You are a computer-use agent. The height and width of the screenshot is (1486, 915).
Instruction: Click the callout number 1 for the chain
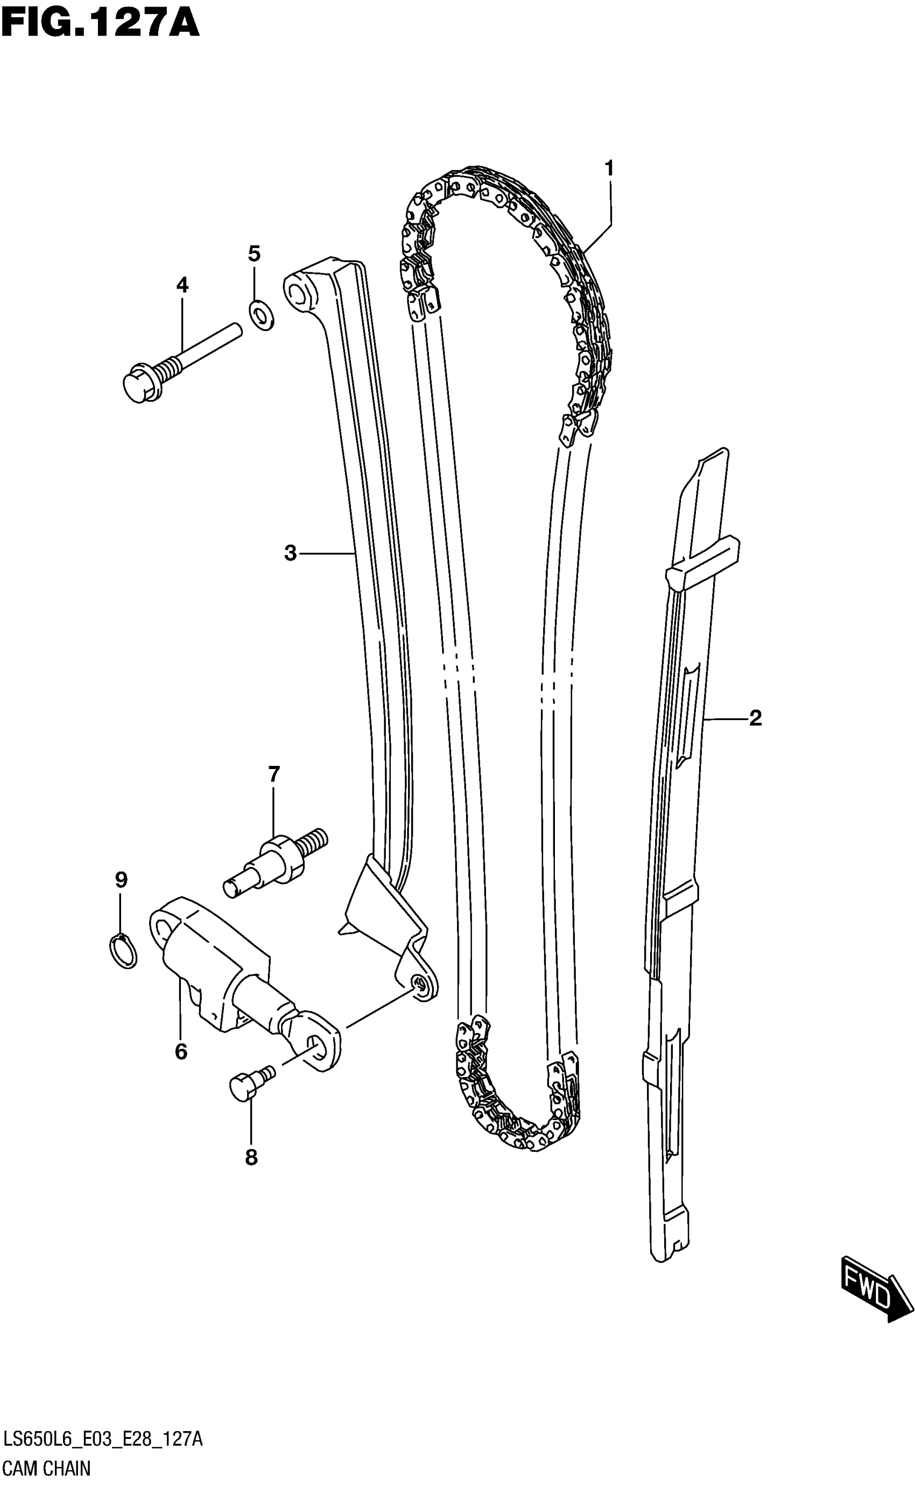[609, 168]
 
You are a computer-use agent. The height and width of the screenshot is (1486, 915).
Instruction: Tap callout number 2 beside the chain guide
[755, 718]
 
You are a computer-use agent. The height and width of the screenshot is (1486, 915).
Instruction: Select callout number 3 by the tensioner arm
[291, 552]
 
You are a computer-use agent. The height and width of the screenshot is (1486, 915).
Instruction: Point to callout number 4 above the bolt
[182, 285]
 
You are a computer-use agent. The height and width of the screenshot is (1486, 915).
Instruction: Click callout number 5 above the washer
[254, 253]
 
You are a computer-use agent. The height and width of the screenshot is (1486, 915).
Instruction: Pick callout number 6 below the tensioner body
[181, 1052]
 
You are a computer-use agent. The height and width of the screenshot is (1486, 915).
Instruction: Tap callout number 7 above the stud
[273, 774]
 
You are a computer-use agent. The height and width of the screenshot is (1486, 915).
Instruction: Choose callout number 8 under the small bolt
[251, 1158]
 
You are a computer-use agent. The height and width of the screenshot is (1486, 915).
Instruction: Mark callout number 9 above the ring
[121, 880]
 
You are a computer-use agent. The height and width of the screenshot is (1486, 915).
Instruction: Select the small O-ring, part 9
[123, 950]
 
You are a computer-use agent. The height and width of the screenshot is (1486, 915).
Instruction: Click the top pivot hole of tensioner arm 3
[297, 293]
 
